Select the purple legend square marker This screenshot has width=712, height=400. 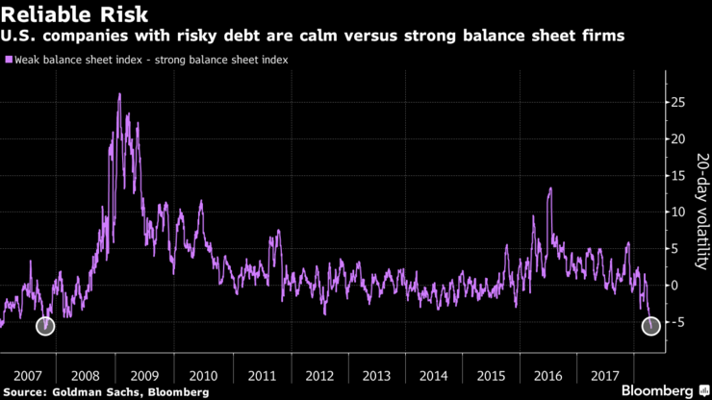(9, 60)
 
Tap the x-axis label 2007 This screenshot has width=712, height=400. (27, 375)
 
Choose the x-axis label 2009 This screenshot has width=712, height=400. (143, 375)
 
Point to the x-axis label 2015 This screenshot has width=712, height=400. (493, 375)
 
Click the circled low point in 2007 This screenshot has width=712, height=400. (45, 326)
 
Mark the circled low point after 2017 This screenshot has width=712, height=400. (651, 326)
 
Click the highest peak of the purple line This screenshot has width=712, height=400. (119, 94)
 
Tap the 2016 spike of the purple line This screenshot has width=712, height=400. (549, 188)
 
